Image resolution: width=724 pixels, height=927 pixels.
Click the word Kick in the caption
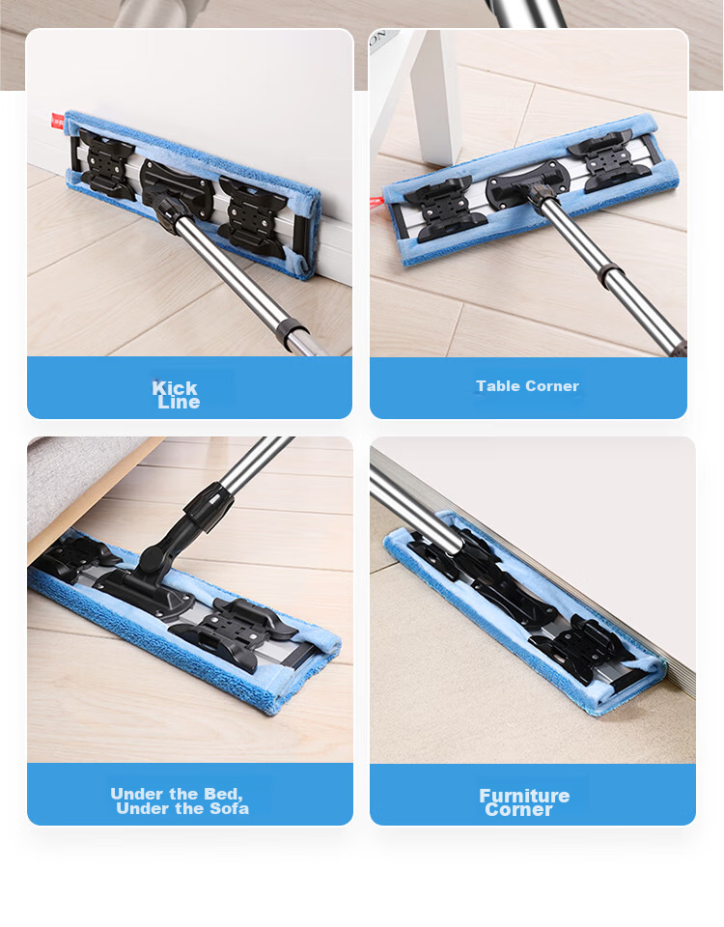coord(175,388)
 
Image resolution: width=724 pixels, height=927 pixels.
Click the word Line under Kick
coord(179,403)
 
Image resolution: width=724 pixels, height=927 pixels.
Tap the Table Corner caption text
coord(527,386)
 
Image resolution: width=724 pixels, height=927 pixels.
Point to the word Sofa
coord(228,808)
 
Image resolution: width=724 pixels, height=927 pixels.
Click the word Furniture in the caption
coord(524,796)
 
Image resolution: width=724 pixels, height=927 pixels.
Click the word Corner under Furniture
coord(518,809)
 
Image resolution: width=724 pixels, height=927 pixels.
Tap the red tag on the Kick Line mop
coord(57,122)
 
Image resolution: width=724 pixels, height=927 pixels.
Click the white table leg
coord(438,95)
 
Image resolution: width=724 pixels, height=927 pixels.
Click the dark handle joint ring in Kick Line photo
coord(292,335)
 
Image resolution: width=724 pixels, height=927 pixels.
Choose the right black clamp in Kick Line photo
coord(254,214)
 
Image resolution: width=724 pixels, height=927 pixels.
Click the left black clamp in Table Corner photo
coord(446,209)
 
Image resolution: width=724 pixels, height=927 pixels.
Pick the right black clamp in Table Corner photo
coord(610,162)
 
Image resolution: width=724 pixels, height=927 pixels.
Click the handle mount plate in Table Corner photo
coord(527,181)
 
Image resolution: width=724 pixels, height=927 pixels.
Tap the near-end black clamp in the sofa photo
coord(235,633)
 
